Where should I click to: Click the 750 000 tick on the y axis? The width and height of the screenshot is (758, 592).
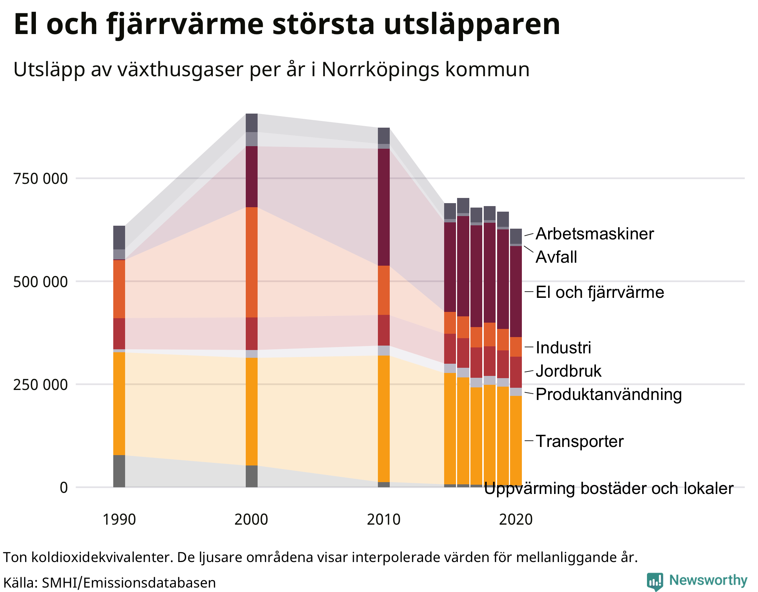(41, 179)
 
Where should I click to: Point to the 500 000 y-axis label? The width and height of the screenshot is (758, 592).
(41, 282)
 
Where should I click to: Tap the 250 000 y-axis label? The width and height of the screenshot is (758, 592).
(41, 385)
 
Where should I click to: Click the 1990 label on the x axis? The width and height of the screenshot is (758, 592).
(119, 519)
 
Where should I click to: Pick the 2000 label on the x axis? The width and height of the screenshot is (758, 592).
(251, 519)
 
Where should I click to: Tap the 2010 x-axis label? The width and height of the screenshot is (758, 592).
(383, 519)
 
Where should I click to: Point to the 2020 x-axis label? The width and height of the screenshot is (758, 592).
(516, 519)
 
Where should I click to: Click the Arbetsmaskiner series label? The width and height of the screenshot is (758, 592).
(594, 234)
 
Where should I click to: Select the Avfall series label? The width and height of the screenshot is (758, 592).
(556, 257)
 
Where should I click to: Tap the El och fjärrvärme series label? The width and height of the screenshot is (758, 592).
(600, 292)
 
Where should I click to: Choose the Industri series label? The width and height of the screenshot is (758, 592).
(563, 348)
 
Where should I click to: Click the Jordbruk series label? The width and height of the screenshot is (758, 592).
(568, 371)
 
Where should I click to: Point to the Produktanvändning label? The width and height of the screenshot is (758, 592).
(608, 394)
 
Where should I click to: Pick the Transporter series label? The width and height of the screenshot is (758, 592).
(580, 441)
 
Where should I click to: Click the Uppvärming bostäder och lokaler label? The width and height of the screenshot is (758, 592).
(608, 488)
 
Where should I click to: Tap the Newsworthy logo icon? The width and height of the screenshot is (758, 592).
(655, 581)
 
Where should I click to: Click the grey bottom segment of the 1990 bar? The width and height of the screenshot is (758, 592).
(119, 471)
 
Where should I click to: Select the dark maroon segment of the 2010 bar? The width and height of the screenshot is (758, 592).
(383, 207)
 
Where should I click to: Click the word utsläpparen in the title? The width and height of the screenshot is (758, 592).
(472, 24)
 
